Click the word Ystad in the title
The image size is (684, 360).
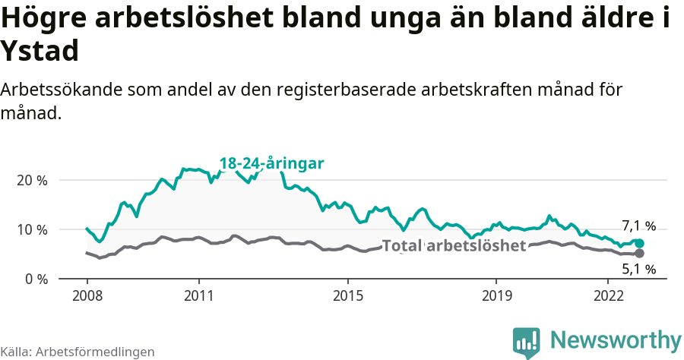(40, 51)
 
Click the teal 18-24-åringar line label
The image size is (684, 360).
(272, 163)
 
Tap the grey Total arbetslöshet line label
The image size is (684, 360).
(454, 246)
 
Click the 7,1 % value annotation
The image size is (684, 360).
(638, 226)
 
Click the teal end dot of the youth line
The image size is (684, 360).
(639, 243)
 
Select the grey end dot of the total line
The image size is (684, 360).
(639, 253)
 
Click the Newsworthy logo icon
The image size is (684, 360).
(527, 342)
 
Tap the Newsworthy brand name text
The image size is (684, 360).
(616, 339)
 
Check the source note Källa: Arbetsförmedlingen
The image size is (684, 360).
(78, 352)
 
